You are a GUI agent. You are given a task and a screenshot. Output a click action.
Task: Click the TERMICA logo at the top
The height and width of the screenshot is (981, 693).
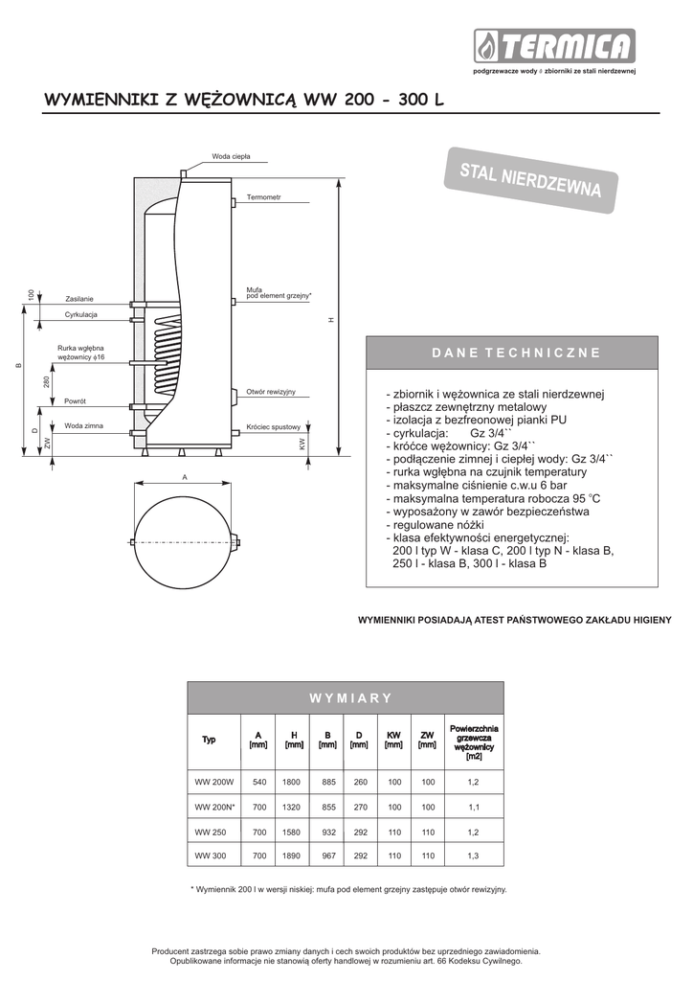[554, 46]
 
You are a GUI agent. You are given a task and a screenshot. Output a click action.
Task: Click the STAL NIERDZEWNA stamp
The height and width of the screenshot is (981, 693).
[529, 176]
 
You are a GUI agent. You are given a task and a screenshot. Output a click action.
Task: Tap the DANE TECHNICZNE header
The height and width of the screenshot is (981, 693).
[516, 353]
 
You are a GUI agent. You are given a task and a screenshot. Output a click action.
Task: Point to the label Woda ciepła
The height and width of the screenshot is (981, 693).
[231, 156]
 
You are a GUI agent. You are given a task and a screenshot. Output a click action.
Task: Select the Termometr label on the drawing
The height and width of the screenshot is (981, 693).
[264, 197]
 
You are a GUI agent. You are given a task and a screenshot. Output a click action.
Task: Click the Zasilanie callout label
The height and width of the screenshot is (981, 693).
[79, 300]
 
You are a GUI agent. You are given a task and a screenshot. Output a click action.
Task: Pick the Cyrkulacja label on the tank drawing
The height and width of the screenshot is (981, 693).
[81, 315]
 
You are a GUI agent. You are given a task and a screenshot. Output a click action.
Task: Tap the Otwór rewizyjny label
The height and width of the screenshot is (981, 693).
[270, 393]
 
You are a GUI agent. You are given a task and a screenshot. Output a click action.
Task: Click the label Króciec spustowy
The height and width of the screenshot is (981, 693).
[273, 427]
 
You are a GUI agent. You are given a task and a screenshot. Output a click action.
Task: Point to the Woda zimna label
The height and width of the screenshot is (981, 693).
[83, 425]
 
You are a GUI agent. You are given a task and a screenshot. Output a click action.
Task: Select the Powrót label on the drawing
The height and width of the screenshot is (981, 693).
[76, 401]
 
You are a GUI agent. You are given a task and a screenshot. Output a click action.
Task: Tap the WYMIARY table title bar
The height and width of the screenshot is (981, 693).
[345, 697]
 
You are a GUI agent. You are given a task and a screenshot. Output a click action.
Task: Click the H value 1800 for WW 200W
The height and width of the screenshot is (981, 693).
[291, 783]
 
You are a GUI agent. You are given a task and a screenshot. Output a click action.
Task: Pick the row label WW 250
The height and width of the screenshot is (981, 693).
[209, 831]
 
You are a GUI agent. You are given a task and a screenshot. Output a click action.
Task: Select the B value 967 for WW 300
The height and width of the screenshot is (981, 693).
[326, 856]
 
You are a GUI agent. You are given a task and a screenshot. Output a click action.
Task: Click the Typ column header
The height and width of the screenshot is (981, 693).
[209, 740]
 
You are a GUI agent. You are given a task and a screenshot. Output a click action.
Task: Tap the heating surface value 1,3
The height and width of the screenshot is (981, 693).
[473, 856]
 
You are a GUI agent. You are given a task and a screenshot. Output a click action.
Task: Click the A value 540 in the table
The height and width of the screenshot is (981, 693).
[258, 783]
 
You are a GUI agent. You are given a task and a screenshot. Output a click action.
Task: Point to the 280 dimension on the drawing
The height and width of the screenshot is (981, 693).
[47, 382]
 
